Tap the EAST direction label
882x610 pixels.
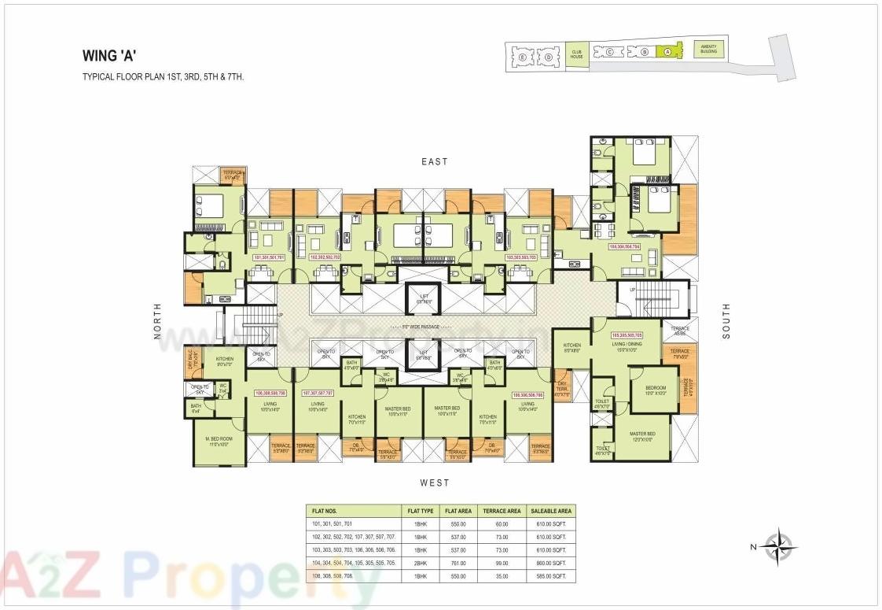pos(434,162)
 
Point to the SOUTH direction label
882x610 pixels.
pos(726,321)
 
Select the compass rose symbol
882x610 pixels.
pos(779,545)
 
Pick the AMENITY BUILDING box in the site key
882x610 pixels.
pos(708,49)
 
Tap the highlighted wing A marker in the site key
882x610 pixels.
pos(667,52)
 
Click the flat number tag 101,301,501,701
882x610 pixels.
pos(269,257)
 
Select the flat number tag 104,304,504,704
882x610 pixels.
pos(625,246)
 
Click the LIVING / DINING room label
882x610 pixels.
pos(628,346)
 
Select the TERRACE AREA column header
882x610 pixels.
pos(502,511)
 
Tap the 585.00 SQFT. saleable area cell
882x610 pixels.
pos(549,577)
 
